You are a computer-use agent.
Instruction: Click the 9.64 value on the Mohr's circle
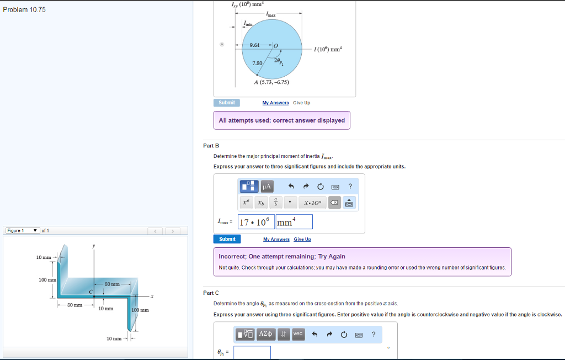pos(255,45)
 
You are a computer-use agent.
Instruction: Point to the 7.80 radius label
pos(257,63)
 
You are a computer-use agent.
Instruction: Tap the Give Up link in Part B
pos(302,239)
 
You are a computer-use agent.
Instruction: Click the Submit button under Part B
pos(227,239)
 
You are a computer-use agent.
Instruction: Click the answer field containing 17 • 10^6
pos(256,222)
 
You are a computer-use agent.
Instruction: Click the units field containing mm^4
pos(294,222)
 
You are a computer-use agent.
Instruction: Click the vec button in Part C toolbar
pos(297,334)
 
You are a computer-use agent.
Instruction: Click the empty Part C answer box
pos(252,352)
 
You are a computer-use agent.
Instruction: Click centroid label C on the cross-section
pos(90,290)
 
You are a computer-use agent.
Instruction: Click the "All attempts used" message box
pos(281,120)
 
